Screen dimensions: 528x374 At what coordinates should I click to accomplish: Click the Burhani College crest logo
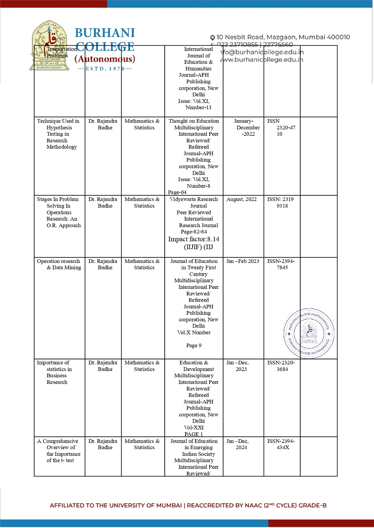click(x=49, y=46)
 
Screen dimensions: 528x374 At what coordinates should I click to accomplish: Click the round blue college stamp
click(x=309, y=333)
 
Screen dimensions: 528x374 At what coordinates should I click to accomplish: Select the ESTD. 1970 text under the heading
click(x=105, y=69)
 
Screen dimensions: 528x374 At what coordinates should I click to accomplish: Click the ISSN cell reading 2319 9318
click(x=280, y=203)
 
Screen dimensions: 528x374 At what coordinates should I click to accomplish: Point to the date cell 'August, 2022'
click(x=241, y=199)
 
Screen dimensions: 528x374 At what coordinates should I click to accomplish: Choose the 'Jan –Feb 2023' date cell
click(x=243, y=261)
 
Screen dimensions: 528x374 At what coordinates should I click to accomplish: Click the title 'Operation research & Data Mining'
click(x=59, y=264)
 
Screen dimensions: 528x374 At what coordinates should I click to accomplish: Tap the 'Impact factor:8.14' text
click(x=194, y=240)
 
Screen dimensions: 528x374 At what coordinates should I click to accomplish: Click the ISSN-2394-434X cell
click(x=281, y=444)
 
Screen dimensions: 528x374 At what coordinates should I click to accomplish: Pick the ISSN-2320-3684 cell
click(x=281, y=366)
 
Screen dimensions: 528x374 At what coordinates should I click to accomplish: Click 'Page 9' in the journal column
click(x=194, y=345)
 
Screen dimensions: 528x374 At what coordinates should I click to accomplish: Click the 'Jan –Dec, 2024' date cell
click(x=238, y=444)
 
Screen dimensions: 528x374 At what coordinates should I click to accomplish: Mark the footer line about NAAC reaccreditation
click(x=188, y=505)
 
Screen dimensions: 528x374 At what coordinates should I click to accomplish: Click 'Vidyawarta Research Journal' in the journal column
click(x=194, y=202)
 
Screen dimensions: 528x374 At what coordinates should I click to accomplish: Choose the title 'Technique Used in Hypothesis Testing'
click(x=58, y=134)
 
